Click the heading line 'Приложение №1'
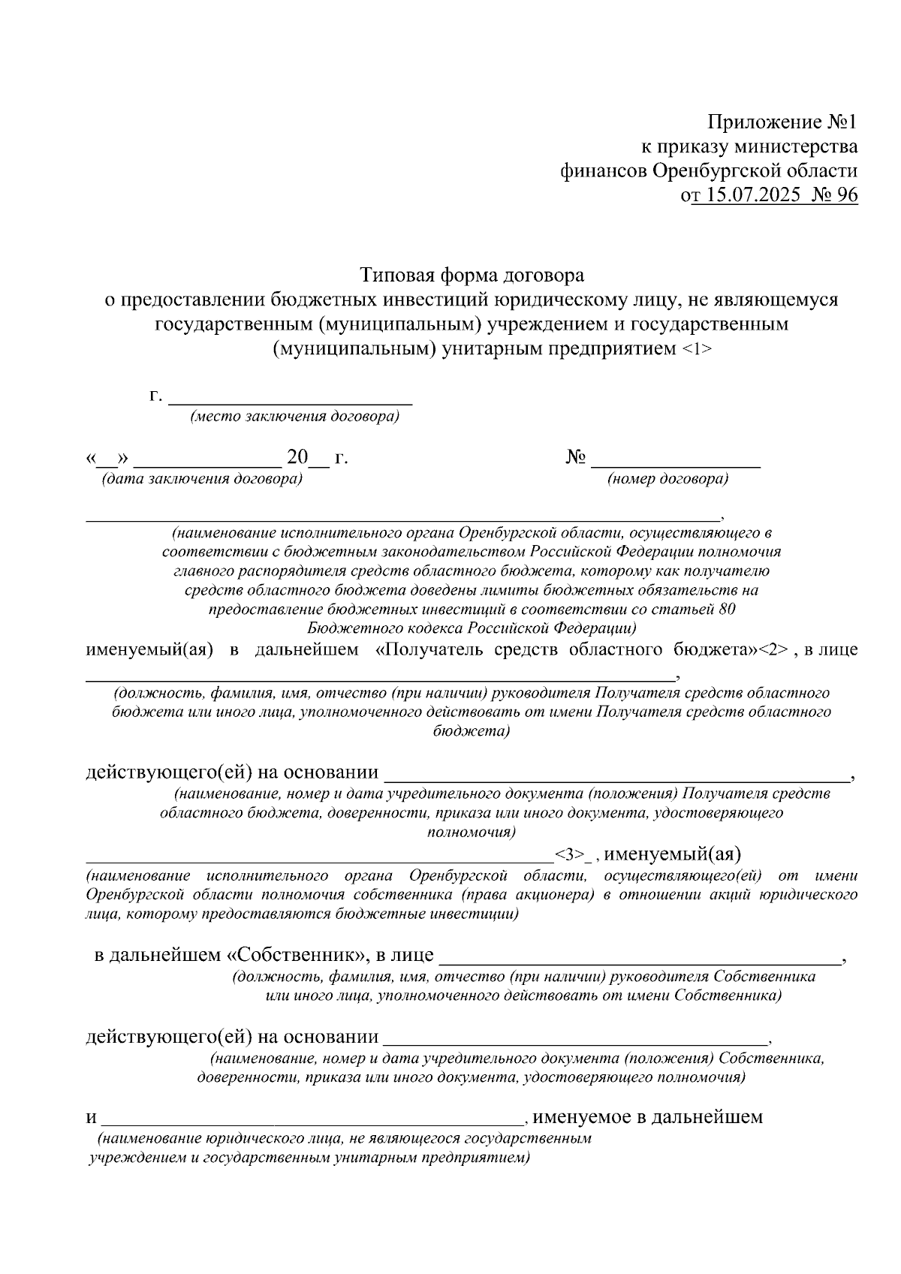[782, 122]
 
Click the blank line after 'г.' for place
[290, 398]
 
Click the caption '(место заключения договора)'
[294, 417]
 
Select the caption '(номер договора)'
[667, 478]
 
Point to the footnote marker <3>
[569, 854]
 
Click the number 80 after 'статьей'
[726, 610]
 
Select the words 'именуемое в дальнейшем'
[647, 1117]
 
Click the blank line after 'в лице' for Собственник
[640, 956]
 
